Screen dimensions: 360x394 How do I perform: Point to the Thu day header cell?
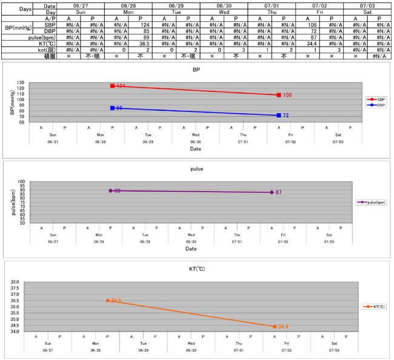(x=271, y=12)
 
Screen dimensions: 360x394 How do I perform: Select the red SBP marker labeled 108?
(x=279, y=95)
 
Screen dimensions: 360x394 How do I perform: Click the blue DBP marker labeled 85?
(x=113, y=108)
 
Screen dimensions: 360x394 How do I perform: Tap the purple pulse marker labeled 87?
(x=272, y=192)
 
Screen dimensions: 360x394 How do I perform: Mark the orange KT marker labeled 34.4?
(x=275, y=327)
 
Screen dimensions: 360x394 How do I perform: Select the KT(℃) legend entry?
(x=373, y=307)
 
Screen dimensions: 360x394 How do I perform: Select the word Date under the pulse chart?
(x=191, y=248)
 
